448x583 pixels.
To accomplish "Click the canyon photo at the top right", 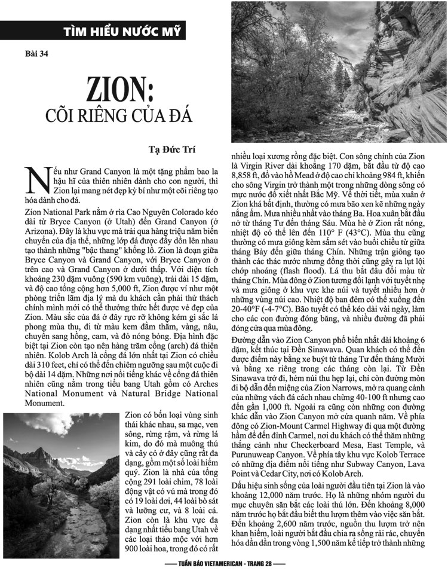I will (x=339, y=71).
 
